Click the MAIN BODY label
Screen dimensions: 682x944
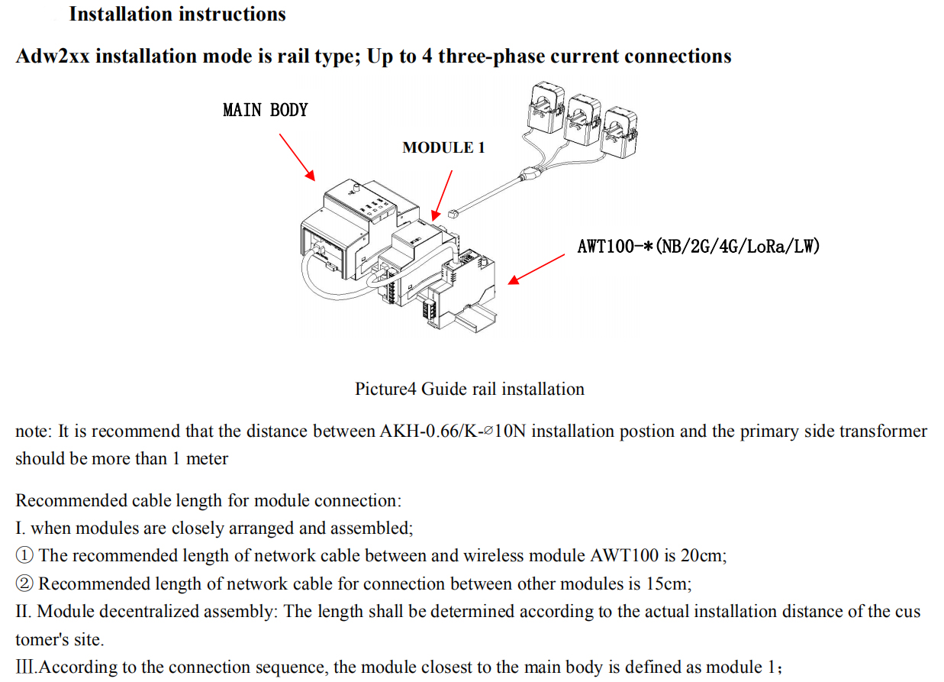265,110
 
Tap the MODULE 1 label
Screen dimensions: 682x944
443,147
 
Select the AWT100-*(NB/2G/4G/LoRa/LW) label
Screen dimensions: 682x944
698,246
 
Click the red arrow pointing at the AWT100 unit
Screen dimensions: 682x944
536,270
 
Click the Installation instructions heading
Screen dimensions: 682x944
177,14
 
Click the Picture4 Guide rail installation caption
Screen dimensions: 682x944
469,389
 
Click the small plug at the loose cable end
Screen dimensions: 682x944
453,215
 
